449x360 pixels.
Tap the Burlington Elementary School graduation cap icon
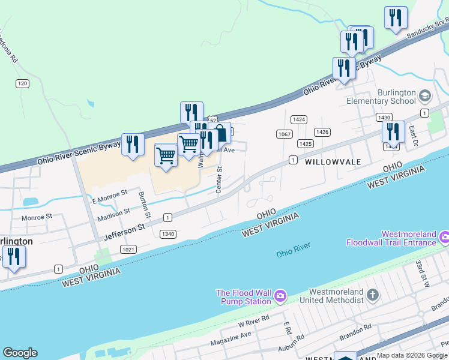tap(425, 96)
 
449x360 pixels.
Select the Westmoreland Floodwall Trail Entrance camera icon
tap(444, 238)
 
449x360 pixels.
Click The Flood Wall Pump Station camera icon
tap(280, 296)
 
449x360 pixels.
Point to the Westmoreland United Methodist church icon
tap(373, 295)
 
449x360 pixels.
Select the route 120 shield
tap(23, 83)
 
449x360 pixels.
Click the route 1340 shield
tap(168, 234)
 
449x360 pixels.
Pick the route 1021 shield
tap(128, 249)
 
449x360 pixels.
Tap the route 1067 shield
tap(285, 134)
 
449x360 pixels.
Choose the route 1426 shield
tap(322, 132)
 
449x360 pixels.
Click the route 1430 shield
tap(384, 118)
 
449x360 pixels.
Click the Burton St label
tap(144, 204)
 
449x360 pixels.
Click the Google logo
tap(20, 353)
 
